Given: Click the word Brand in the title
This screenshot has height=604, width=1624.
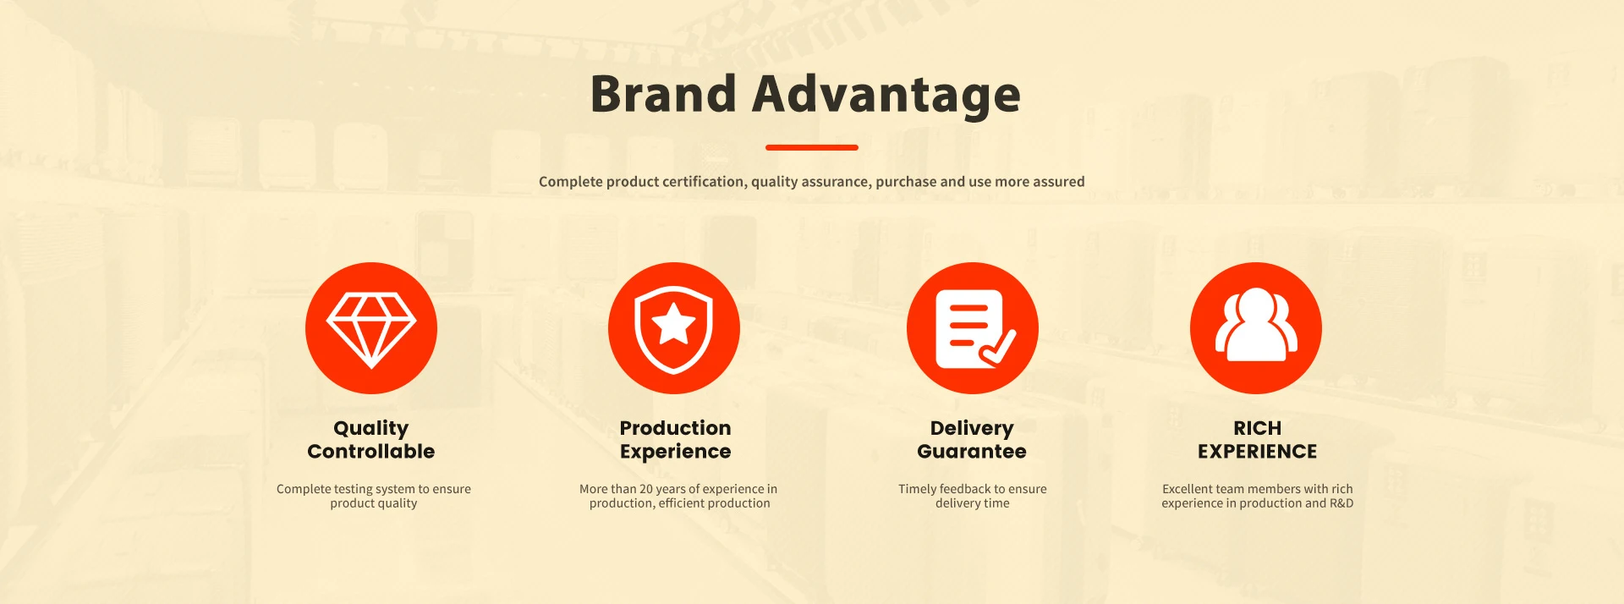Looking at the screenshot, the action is (663, 93).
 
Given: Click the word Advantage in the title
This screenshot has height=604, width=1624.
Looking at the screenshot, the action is (886, 96).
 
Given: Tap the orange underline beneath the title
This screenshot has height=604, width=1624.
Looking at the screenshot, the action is (812, 147).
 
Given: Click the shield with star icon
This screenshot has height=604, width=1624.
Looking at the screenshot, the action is (674, 328).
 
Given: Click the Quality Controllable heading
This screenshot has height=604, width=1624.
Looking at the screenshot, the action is (371, 440).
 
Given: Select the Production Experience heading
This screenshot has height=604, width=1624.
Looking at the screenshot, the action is (675, 440).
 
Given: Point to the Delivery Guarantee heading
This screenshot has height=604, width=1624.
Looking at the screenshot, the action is (972, 440).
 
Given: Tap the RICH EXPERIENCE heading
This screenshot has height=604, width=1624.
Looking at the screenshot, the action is (1257, 440).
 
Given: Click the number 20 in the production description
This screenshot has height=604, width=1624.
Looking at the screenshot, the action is (646, 489).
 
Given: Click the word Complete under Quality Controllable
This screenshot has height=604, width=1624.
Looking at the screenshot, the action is (304, 490).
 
